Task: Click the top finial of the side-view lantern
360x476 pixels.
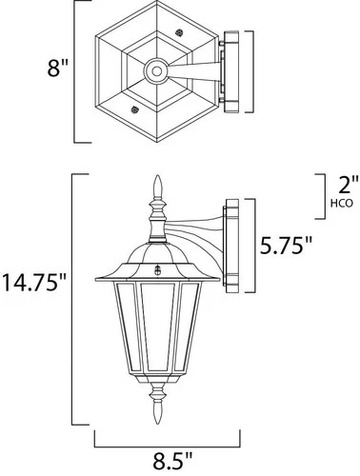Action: pos(154,187)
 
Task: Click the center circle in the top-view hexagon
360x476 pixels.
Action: pos(154,69)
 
